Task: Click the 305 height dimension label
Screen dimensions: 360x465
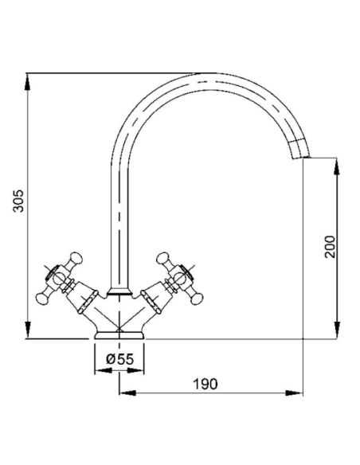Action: click(x=18, y=201)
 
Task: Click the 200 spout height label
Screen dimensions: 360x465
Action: click(x=329, y=247)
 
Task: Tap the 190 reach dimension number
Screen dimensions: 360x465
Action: click(x=205, y=384)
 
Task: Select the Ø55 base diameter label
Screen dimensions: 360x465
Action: click(x=120, y=359)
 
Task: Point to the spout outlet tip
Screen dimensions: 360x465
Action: click(x=302, y=156)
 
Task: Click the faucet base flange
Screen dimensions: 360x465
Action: click(x=119, y=334)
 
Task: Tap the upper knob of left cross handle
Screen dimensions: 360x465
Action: click(x=76, y=258)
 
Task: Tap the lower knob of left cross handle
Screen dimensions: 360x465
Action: click(x=42, y=299)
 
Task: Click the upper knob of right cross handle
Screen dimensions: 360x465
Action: click(x=162, y=258)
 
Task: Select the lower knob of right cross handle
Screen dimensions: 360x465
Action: click(x=197, y=299)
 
